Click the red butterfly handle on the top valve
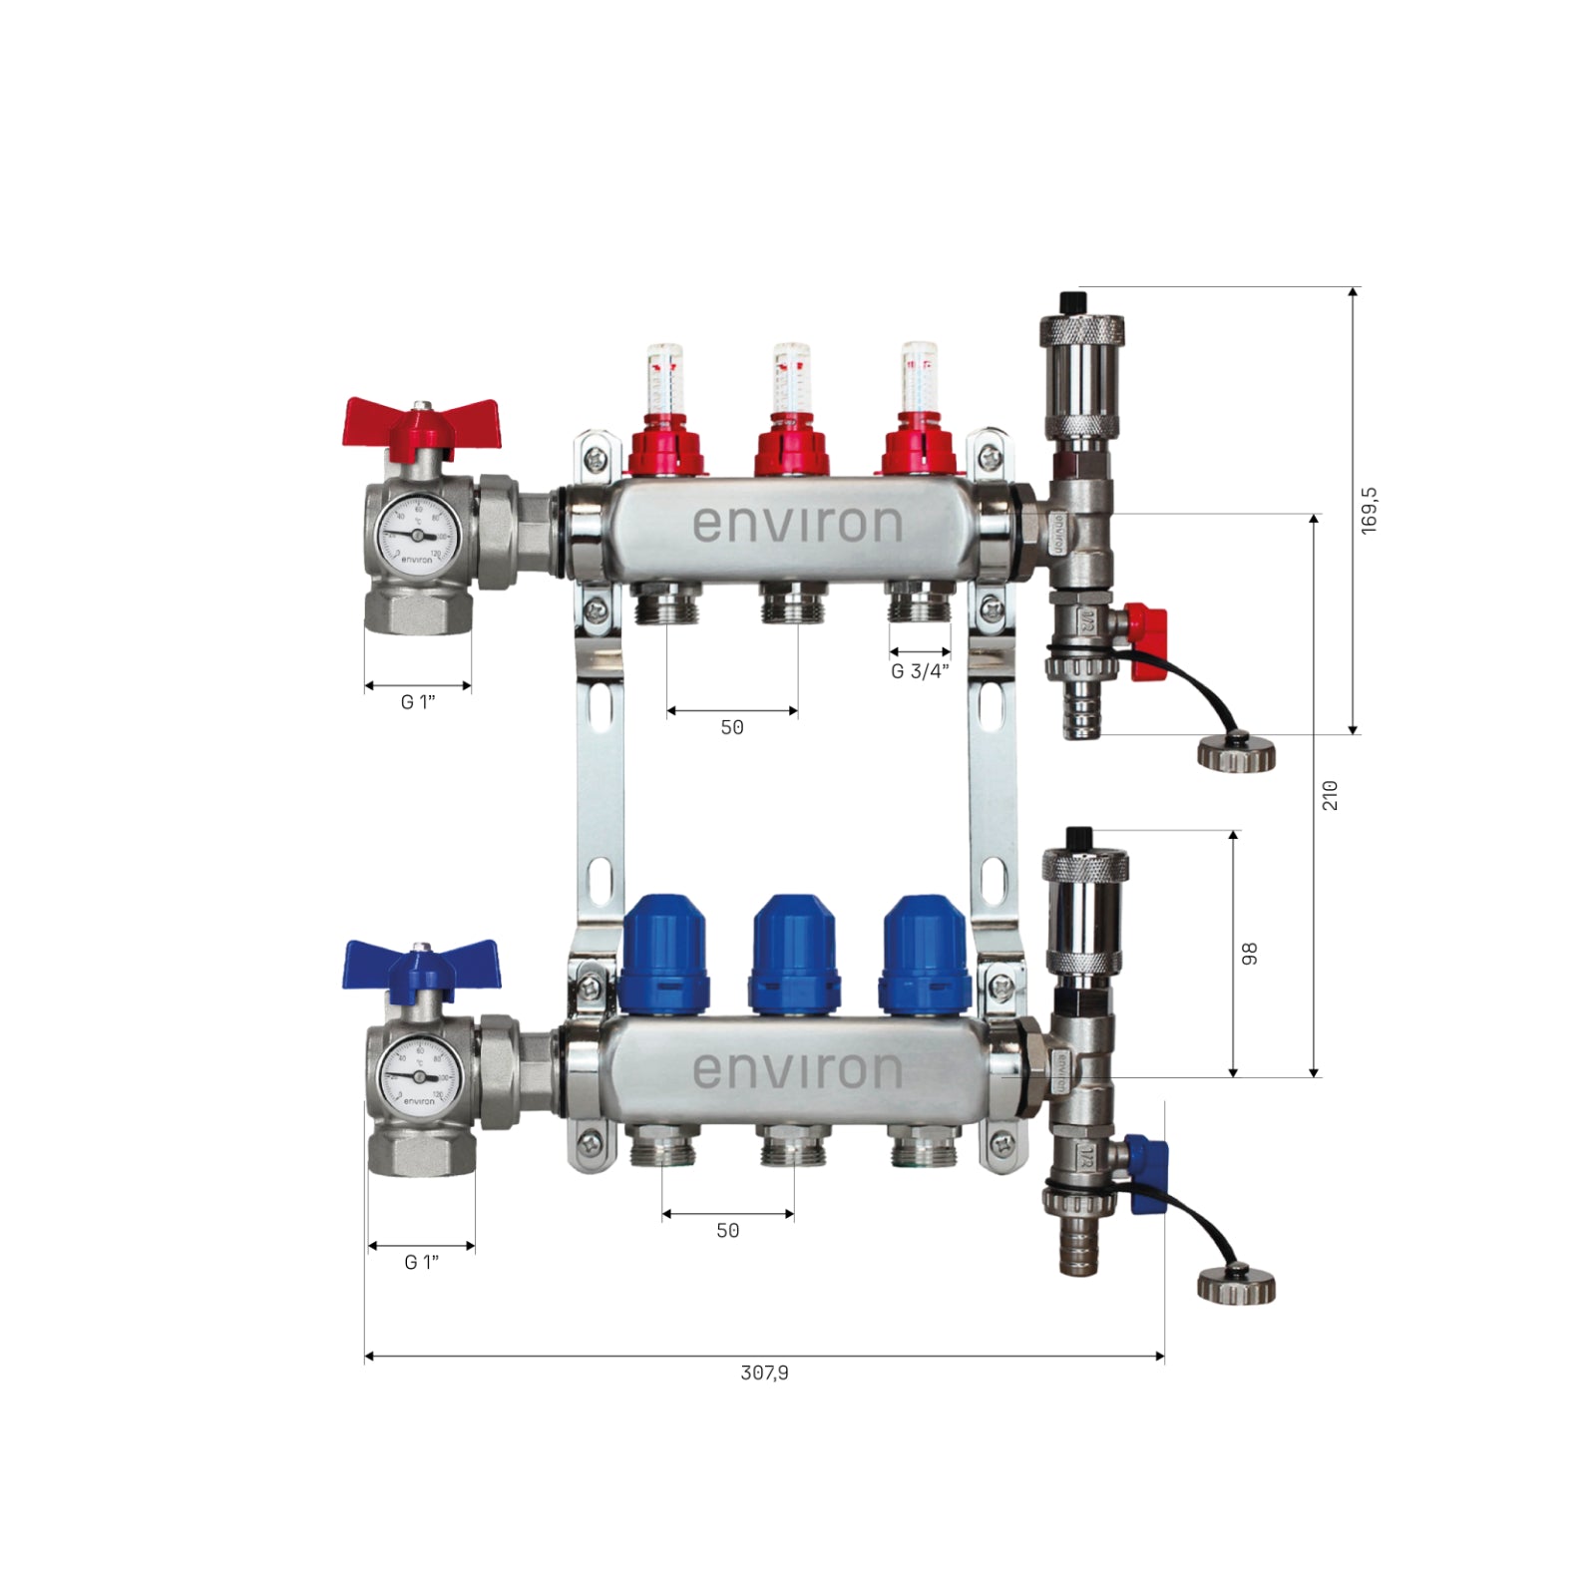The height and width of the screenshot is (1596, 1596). [x=420, y=423]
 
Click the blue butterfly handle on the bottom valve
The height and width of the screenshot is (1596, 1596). [x=420, y=964]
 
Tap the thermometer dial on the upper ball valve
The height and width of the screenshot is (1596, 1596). [x=417, y=536]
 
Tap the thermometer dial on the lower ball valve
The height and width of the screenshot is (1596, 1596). [x=419, y=1077]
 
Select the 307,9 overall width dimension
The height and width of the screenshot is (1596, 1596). [x=764, y=1373]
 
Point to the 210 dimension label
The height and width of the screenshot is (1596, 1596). [x=1330, y=795]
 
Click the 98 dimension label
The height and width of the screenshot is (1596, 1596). [x=1249, y=954]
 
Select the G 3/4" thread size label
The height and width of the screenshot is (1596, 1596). [x=920, y=671]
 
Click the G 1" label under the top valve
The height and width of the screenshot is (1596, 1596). [x=418, y=702]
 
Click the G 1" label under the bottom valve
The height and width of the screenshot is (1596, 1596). [x=421, y=1262]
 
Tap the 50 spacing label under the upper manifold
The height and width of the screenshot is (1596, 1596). [x=732, y=727]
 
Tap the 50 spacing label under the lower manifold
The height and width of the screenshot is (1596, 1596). [x=728, y=1231]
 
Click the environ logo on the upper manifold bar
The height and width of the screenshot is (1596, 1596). [x=797, y=525]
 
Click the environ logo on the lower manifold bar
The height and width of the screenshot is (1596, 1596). [x=797, y=1070]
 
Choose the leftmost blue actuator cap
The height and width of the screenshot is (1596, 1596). [x=664, y=953]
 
